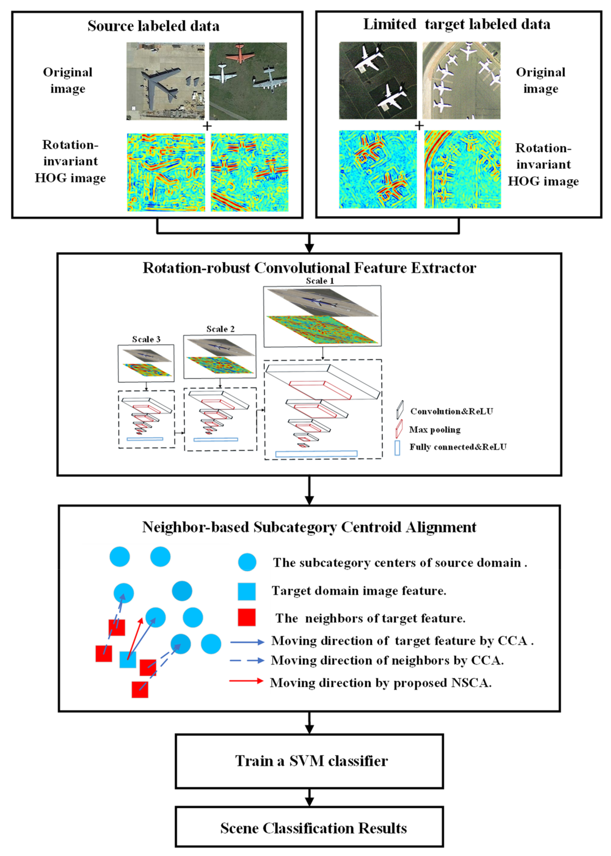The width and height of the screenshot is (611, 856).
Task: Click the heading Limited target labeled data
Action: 456,24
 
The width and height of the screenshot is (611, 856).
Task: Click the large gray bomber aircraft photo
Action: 165,81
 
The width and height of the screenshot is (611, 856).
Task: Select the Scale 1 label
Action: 320,280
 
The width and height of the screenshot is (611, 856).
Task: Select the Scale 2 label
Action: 220,329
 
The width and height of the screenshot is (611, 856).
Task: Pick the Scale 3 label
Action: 146,339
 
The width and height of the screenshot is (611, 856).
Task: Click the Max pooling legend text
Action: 435,430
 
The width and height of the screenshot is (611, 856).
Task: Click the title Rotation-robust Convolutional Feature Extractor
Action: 309,268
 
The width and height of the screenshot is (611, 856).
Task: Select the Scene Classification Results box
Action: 309,828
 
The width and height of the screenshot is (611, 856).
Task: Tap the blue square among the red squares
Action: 127,660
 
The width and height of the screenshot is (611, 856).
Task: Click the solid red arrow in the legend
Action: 246,680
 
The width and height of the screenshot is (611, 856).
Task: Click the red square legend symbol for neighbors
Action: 247,617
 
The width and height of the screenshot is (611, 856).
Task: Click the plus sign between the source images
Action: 207,126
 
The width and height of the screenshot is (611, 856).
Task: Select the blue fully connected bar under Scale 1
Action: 316,453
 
